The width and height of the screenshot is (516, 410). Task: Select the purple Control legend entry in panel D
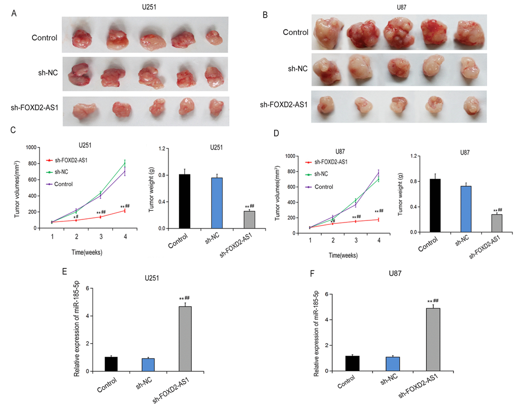(x=323, y=187)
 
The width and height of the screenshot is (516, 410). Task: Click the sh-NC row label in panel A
(x=44, y=72)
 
